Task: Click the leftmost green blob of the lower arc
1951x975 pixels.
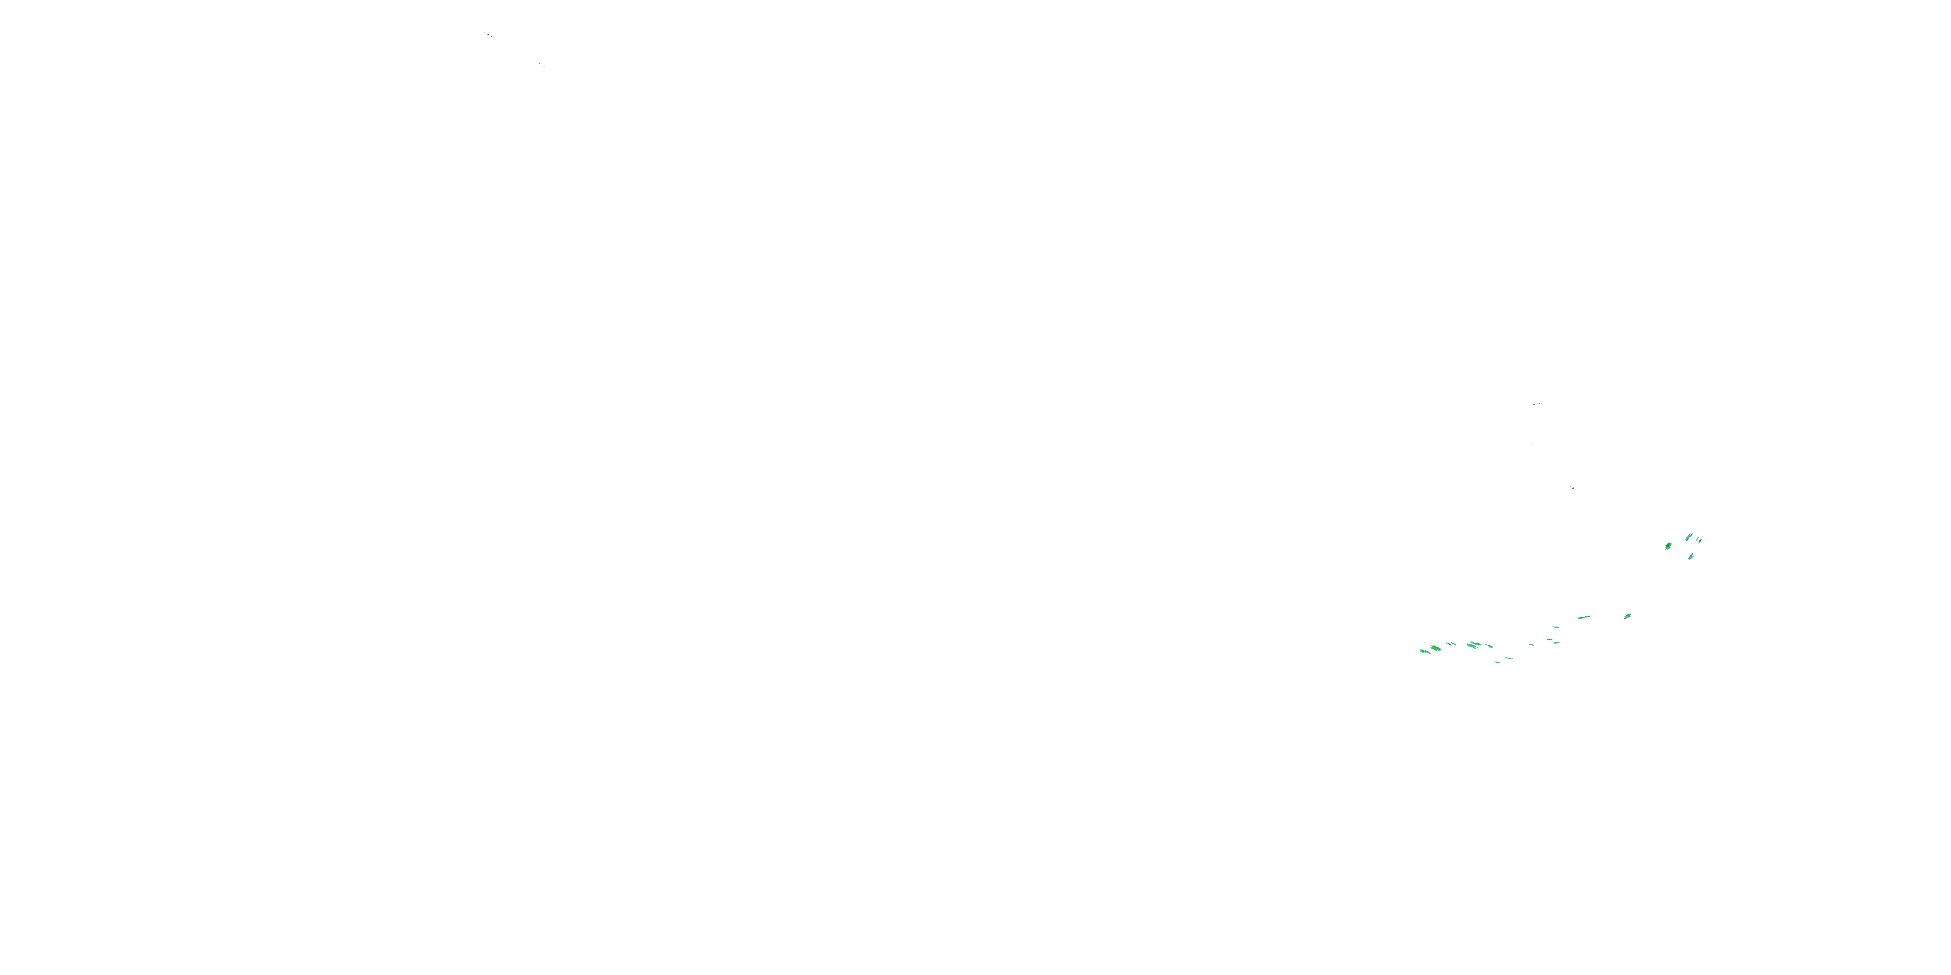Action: click(x=1425, y=652)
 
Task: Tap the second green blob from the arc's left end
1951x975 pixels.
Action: click(x=1435, y=648)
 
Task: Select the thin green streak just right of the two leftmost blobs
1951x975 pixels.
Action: click(x=1449, y=643)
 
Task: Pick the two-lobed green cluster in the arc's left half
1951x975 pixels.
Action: click(x=1474, y=645)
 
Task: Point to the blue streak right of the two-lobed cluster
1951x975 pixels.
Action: click(x=1490, y=647)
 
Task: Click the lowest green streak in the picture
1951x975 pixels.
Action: click(x=1497, y=662)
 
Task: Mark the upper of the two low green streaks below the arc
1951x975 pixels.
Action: click(x=1509, y=658)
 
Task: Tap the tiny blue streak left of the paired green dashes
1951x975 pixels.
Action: click(x=1532, y=645)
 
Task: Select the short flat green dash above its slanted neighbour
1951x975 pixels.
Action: click(x=1550, y=640)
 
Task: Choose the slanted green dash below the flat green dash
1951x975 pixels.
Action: click(x=1557, y=643)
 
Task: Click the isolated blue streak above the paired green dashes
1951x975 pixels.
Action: click(x=1556, y=627)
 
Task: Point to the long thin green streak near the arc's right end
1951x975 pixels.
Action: click(x=1584, y=617)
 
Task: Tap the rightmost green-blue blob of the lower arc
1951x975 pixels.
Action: click(x=1628, y=616)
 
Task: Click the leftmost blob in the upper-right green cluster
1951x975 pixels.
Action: click(x=1669, y=547)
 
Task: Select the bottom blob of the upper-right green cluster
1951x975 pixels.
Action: click(x=1692, y=557)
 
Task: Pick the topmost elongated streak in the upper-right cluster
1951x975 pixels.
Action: click(x=1689, y=538)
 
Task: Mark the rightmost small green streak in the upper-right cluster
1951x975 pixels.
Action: click(x=1701, y=541)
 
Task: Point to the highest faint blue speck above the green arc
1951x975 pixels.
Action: click(x=1536, y=404)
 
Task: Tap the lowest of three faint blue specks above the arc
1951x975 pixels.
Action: click(x=1572, y=487)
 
